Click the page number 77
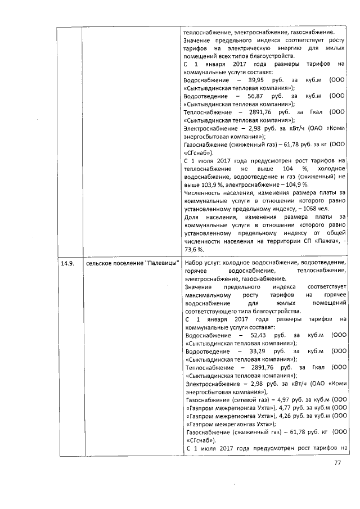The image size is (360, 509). pyautogui.click(x=338, y=463)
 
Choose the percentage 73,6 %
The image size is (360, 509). pyautogui.click(x=195, y=249)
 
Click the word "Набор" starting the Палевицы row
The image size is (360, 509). pyautogui.click(x=194, y=263)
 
